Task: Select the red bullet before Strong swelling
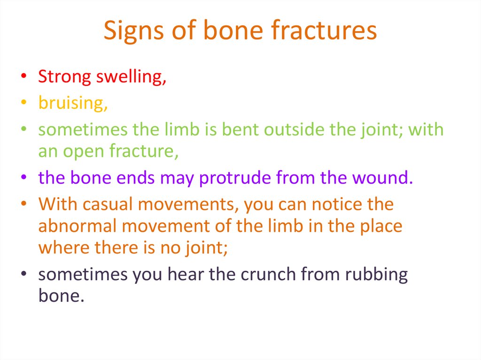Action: (23, 76)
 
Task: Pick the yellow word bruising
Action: (73, 103)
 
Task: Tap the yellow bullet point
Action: (23, 102)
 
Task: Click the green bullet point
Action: (23, 129)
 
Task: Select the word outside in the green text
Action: (294, 130)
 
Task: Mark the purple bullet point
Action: (23, 177)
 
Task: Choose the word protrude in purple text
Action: (235, 178)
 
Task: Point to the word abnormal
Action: (78, 226)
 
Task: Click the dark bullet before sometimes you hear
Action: (23, 273)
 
